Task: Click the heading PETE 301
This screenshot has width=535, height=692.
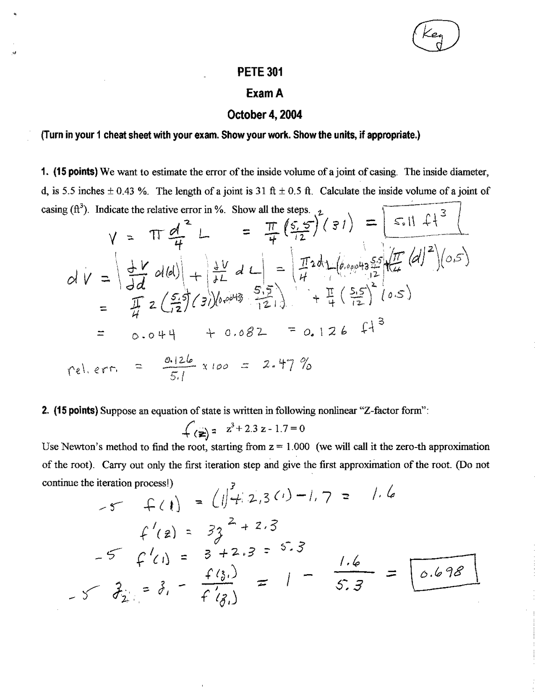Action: coord(260,72)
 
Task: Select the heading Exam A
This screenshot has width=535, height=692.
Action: coord(264,93)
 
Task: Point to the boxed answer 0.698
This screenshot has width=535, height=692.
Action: coord(444,572)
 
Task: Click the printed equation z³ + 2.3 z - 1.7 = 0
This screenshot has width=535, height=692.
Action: coord(266,429)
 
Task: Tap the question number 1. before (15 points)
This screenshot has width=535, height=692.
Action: coord(44,172)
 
